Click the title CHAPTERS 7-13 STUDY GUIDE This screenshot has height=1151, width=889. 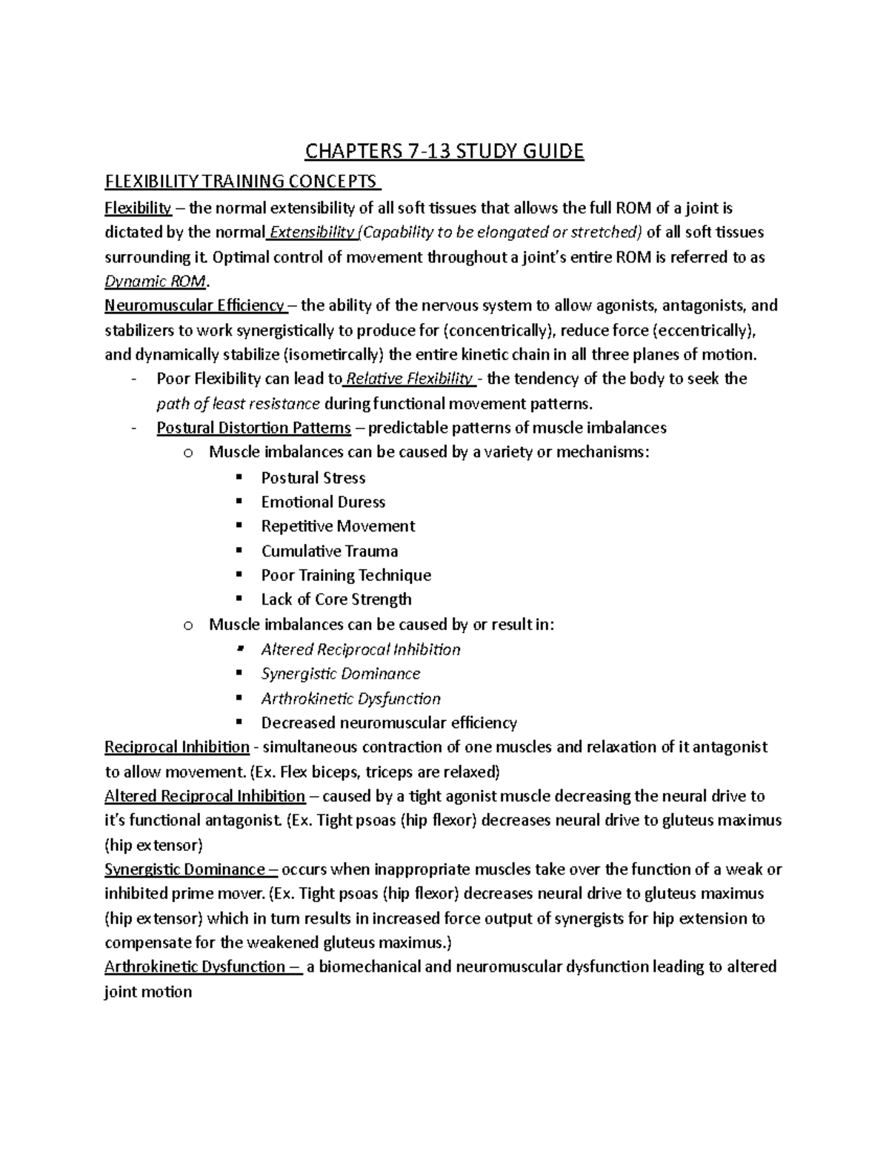coord(444,152)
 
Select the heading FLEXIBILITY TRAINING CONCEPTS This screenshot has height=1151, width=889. coord(242,182)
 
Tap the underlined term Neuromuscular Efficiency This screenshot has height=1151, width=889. coord(195,305)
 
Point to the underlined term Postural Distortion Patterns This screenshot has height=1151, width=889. coord(254,428)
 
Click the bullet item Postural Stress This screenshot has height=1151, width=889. coord(313,478)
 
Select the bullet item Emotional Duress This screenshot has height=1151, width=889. coord(323,502)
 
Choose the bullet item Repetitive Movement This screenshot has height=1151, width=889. coord(338,526)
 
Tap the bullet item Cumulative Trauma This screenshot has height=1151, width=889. coord(330,551)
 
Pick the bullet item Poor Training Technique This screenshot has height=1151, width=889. coord(346,575)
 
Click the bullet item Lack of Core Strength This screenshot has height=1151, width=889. coord(336,600)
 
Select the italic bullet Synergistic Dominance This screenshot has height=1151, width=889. coord(341,674)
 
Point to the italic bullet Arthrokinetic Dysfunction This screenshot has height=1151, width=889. coord(350,698)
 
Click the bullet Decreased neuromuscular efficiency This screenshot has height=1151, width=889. coord(389,723)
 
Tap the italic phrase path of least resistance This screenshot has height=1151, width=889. coord(239,404)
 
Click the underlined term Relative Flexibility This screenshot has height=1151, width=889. coord(410,379)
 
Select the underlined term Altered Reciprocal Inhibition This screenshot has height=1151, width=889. coord(205,796)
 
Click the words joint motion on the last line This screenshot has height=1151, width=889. coord(148,992)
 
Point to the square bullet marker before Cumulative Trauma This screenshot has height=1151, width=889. coord(239,551)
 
